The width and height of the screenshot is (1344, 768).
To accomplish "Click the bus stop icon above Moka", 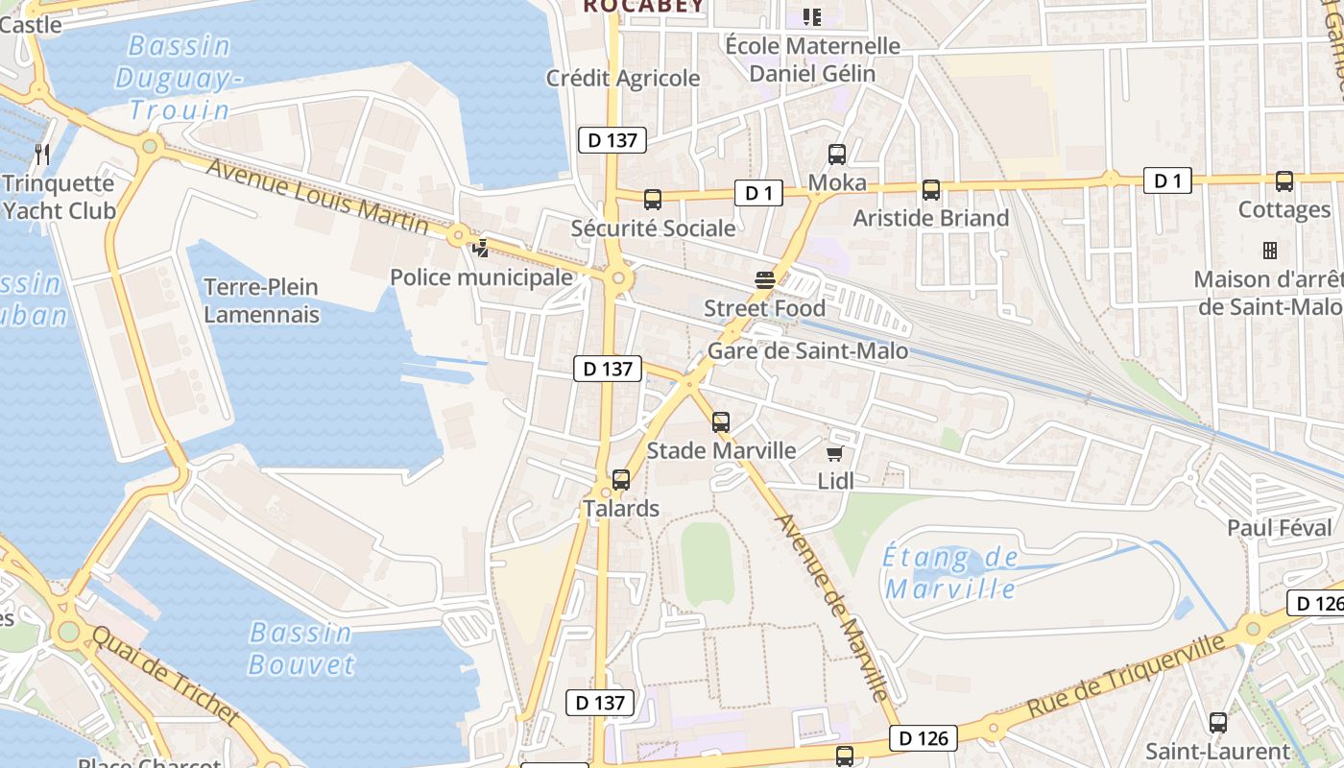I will [x=836, y=154].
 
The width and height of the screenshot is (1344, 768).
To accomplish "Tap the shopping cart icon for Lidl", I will [x=835, y=452].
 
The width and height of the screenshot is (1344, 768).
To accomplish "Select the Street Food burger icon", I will [x=764, y=279].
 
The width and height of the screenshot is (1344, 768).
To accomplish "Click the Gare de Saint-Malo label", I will [x=807, y=351].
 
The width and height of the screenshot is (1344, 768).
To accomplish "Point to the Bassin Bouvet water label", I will [x=301, y=648].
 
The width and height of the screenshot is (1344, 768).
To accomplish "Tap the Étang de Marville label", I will [x=951, y=573].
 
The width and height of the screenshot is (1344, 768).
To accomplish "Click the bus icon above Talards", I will [x=621, y=479].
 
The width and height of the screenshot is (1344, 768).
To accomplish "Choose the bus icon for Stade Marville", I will [x=721, y=421].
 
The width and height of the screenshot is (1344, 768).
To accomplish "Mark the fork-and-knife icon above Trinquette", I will [x=41, y=154].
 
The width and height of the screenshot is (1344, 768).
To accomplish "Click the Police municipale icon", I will [x=480, y=248].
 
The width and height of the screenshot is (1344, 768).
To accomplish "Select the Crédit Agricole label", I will [x=623, y=79].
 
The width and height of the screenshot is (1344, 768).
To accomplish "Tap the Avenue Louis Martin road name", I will [x=318, y=196].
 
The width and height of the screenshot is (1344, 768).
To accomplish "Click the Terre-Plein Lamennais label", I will [x=261, y=300].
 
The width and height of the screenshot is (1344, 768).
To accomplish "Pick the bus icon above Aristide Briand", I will [x=930, y=190].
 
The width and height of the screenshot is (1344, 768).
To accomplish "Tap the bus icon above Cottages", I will [x=1284, y=180].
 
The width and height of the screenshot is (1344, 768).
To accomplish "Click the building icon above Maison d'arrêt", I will [x=1269, y=251].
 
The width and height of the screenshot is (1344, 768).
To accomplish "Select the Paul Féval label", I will [x=1280, y=528].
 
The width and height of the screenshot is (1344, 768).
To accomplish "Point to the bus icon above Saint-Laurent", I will [x=1217, y=723].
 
